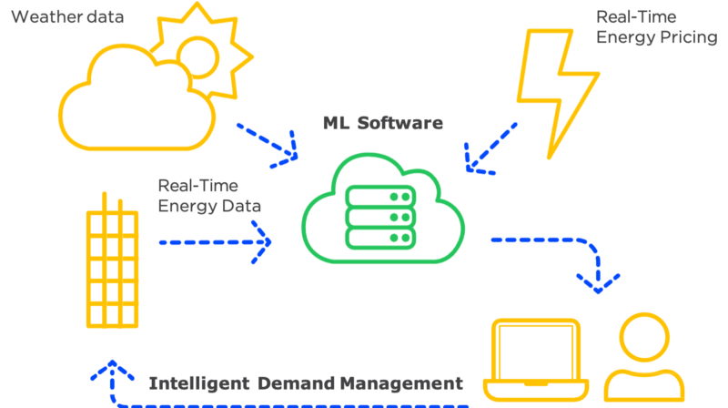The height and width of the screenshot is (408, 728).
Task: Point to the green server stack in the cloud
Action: coord(381,219)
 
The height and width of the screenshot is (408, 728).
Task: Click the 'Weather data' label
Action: coord(67,16)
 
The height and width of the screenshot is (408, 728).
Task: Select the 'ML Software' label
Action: coord(383,122)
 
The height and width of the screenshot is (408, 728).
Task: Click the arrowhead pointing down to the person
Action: coord(599,282)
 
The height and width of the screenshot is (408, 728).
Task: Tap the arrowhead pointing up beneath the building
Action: coord(109,369)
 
